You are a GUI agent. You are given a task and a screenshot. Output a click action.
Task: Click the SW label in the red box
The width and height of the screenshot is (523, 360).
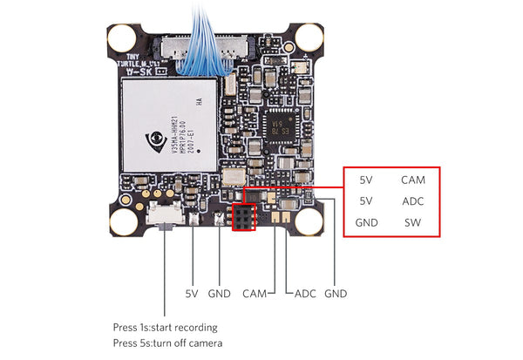[x=413, y=222]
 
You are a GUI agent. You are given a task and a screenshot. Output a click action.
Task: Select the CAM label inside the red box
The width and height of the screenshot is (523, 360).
[x=413, y=180]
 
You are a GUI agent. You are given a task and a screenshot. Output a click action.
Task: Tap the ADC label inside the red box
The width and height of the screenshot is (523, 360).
[x=413, y=201]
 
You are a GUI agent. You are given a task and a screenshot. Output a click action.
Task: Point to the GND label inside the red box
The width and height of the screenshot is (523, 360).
[x=366, y=222]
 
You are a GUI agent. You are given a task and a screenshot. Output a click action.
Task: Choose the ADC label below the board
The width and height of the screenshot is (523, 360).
[x=305, y=294]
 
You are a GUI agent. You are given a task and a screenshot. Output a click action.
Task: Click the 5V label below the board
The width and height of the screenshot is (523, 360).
[x=192, y=294]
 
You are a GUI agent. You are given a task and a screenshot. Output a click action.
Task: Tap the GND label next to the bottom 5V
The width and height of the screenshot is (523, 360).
[x=220, y=294]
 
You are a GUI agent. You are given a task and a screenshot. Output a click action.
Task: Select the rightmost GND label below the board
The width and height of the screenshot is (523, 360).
[x=336, y=294]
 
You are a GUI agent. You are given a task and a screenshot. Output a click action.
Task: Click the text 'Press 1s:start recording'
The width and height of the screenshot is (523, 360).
[x=165, y=327]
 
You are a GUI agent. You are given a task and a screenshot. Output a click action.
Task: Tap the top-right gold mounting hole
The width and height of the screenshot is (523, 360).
[x=309, y=36]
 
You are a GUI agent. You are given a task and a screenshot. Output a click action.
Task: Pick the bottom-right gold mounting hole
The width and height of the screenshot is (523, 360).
[x=309, y=221]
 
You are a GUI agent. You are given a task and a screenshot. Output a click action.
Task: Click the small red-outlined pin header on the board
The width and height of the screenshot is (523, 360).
[x=242, y=219]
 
